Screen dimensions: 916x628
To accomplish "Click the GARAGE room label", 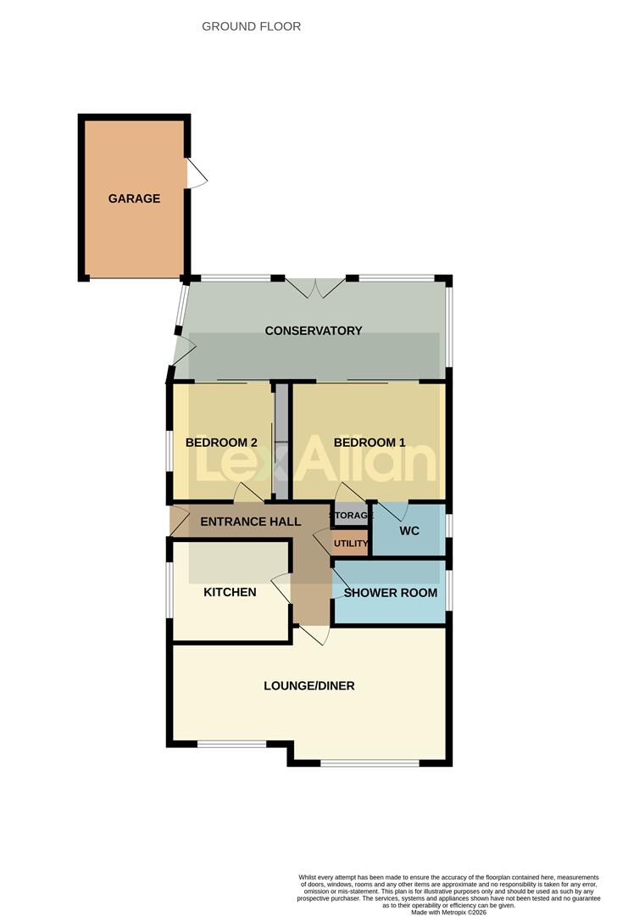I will (x=134, y=198).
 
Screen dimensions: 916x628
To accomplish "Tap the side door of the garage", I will (x=196, y=174).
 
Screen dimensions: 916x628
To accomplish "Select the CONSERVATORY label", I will (x=314, y=331).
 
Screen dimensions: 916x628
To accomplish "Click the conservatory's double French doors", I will (x=315, y=288).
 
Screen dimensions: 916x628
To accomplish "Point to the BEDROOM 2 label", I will (x=221, y=443).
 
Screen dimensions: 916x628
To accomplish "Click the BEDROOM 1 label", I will (x=370, y=443).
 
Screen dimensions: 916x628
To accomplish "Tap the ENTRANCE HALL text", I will (x=251, y=522).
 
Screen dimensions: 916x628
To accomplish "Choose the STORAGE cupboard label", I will (x=351, y=516).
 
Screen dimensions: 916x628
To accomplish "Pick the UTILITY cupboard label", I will (x=351, y=544).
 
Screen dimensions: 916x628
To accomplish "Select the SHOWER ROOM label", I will (x=391, y=593).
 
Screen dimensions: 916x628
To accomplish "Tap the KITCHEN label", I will (x=230, y=592).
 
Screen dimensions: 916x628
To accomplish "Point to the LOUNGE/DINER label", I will (x=309, y=685).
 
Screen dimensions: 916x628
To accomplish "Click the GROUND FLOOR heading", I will (x=251, y=26).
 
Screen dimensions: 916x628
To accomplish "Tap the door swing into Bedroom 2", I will (x=247, y=493).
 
